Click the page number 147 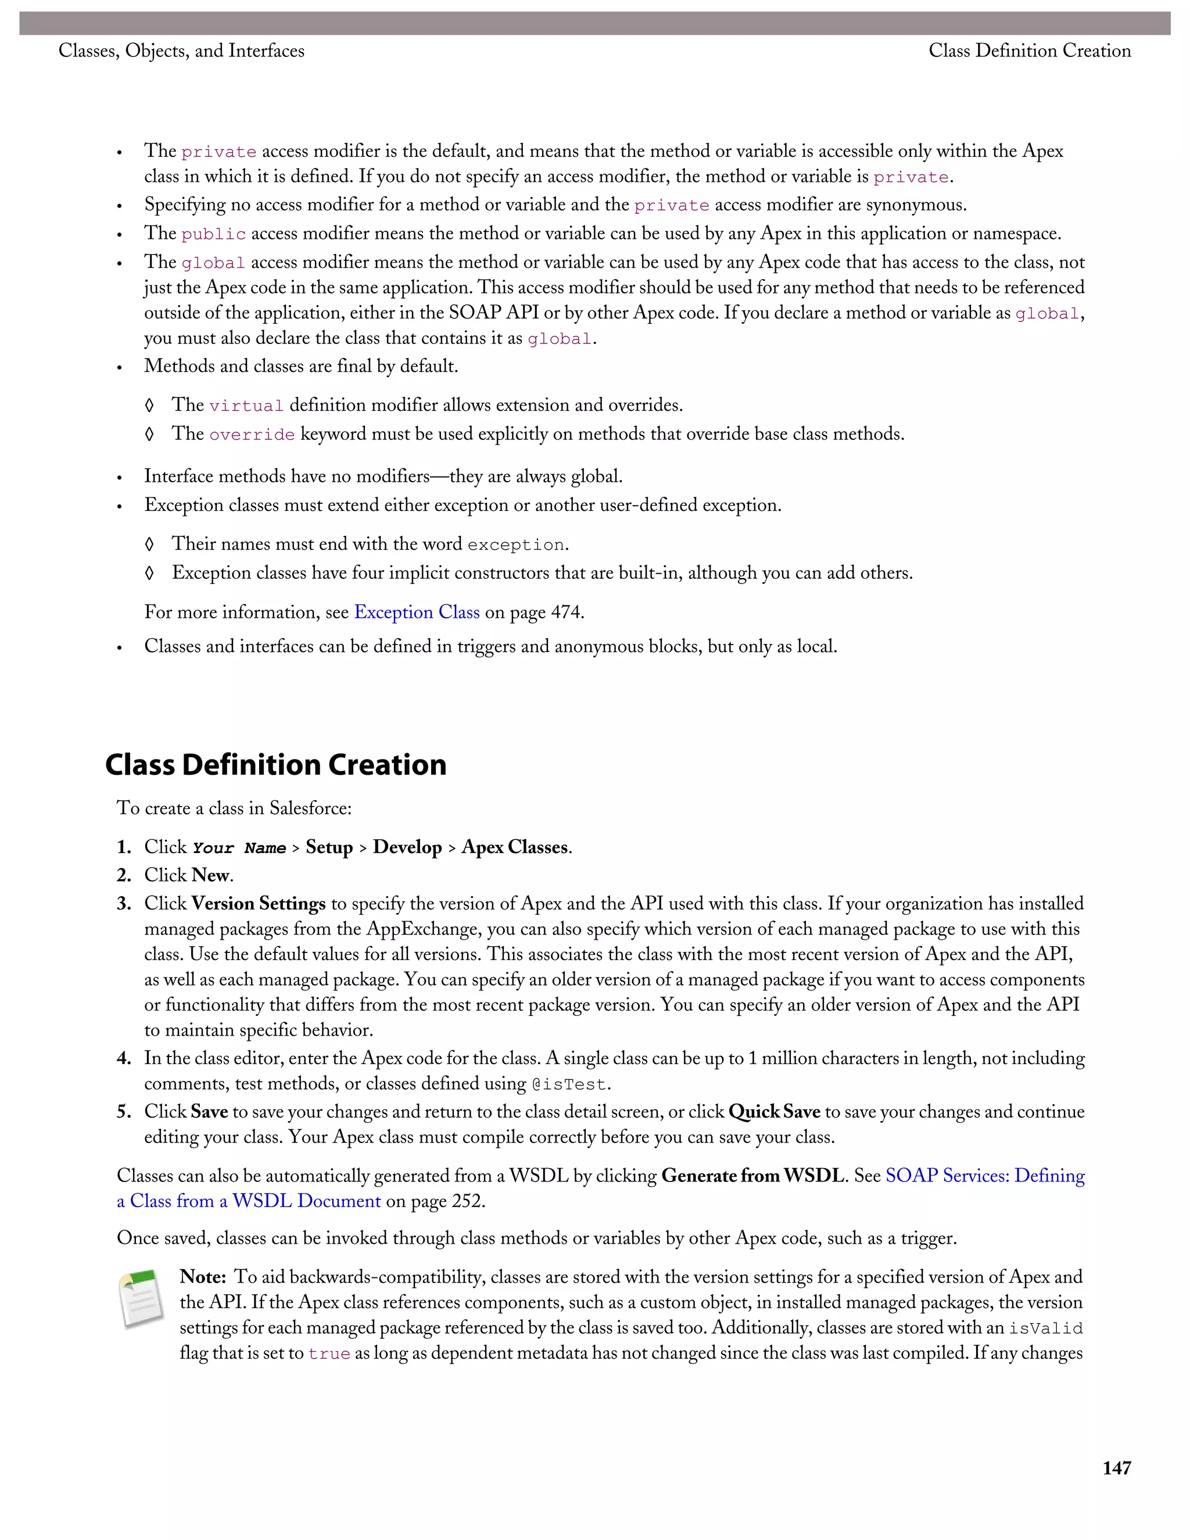[x=1116, y=1467]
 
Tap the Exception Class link [x=417, y=612]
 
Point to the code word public [x=214, y=234]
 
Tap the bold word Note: [x=202, y=1277]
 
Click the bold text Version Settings [x=258, y=904]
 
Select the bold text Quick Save [x=774, y=1112]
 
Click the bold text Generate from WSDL [x=752, y=1176]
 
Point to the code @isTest [x=568, y=1084]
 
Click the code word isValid [x=1045, y=1328]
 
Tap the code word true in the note [x=329, y=1354]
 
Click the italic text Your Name [x=239, y=848]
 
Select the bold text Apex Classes [x=515, y=847]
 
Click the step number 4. [x=124, y=1058]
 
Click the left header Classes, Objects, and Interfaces [x=181, y=51]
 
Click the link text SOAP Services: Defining [x=985, y=1176]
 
